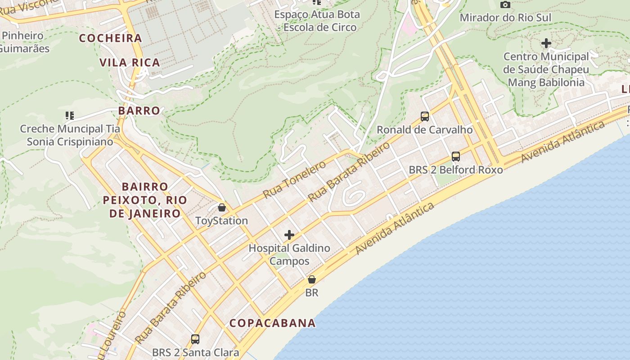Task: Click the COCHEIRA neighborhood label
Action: click(111, 38)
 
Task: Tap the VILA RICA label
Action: click(130, 63)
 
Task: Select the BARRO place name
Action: click(139, 111)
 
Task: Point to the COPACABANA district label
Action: click(272, 323)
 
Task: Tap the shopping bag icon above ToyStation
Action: click(221, 207)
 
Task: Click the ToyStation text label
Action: click(221, 220)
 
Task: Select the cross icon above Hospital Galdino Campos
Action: click(289, 235)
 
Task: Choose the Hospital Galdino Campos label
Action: click(289, 254)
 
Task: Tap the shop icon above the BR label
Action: click(311, 279)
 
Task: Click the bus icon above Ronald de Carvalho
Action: click(424, 117)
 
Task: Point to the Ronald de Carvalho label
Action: click(424, 130)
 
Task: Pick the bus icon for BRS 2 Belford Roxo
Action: click(456, 157)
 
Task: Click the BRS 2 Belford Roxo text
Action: click(456, 170)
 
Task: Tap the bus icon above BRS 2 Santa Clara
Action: click(195, 339)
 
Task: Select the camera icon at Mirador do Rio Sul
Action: click(505, 5)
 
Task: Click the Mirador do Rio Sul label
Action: click(505, 18)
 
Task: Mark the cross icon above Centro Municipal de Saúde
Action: click(546, 44)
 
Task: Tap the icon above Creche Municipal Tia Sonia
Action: click(69, 116)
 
